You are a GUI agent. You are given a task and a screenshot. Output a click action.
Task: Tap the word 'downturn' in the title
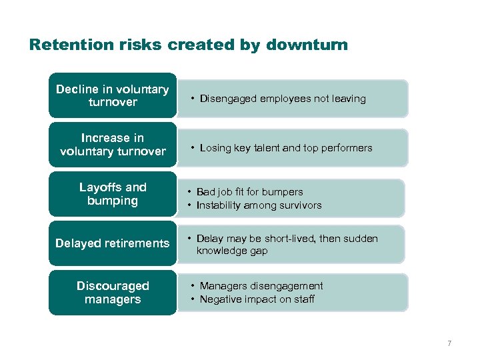pyautogui.click(x=307, y=45)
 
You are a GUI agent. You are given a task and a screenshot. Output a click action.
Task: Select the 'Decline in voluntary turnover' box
pyautogui.click(x=112, y=95)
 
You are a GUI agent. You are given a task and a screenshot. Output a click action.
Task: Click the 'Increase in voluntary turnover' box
pyautogui.click(x=112, y=145)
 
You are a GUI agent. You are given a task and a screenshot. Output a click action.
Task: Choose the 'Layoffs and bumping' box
pyautogui.click(x=112, y=194)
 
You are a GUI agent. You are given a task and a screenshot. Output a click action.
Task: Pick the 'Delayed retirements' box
pyautogui.click(x=112, y=243)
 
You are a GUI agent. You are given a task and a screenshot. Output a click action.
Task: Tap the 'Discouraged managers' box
pyautogui.click(x=112, y=293)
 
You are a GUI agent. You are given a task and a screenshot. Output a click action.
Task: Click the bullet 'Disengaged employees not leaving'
pyautogui.click(x=283, y=99)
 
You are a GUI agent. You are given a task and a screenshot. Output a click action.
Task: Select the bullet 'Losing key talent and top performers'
pyautogui.click(x=286, y=148)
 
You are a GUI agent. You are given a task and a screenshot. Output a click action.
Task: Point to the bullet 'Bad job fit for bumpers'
pyautogui.click(x=249, y=192)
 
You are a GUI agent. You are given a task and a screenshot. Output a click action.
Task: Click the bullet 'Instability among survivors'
pyautogui.click(x=259, y=205)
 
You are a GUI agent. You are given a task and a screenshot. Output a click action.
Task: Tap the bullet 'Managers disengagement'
pyautogui.click(x=261, y=286)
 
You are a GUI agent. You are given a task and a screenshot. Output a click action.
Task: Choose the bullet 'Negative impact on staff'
pyautogui.click(x=257, y=299)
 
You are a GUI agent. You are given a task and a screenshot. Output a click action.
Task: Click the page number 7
pyautogui.click(x=449, y=343)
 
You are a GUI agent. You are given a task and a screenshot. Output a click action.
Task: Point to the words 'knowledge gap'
pyautogui.click(x=232, y=251)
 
